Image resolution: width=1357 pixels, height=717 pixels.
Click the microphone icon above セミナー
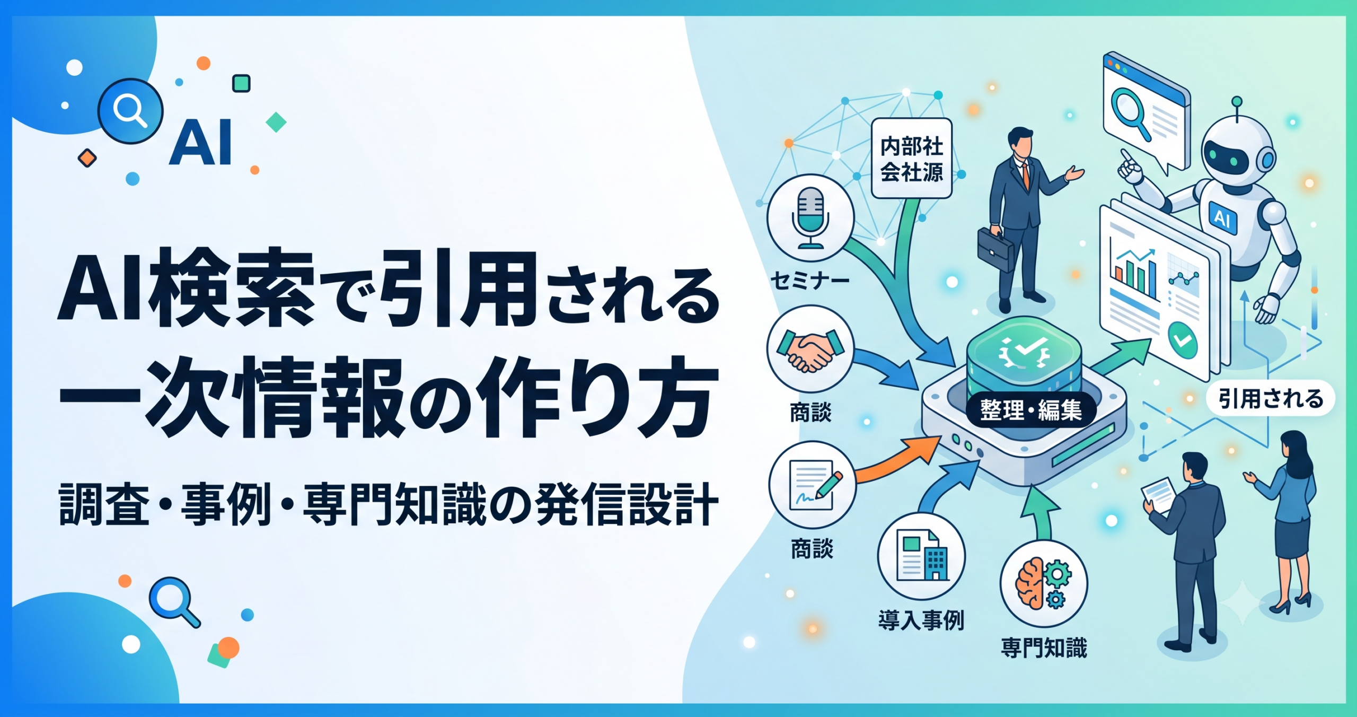810,217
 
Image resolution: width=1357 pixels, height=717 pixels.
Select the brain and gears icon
1043,583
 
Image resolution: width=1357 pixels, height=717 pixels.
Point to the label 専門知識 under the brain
1044,648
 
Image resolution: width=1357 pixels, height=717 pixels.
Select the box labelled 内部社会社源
912,159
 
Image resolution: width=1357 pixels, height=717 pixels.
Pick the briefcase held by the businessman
995,249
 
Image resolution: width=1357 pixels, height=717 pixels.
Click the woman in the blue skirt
1283,522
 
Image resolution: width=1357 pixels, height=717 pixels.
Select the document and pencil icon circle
812,485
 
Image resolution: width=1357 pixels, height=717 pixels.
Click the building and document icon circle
921,556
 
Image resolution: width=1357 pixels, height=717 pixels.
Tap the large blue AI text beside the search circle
200,142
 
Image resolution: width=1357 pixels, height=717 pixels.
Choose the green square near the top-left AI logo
241,83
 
